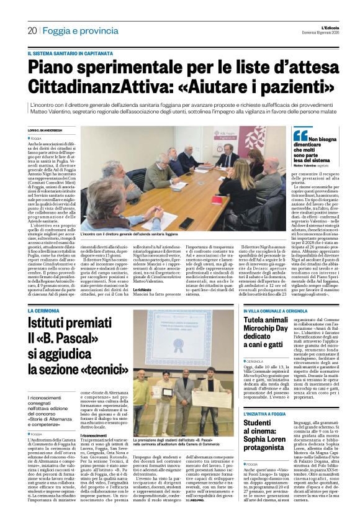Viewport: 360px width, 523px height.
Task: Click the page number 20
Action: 32,30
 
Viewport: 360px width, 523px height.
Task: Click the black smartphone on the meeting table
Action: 186,222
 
